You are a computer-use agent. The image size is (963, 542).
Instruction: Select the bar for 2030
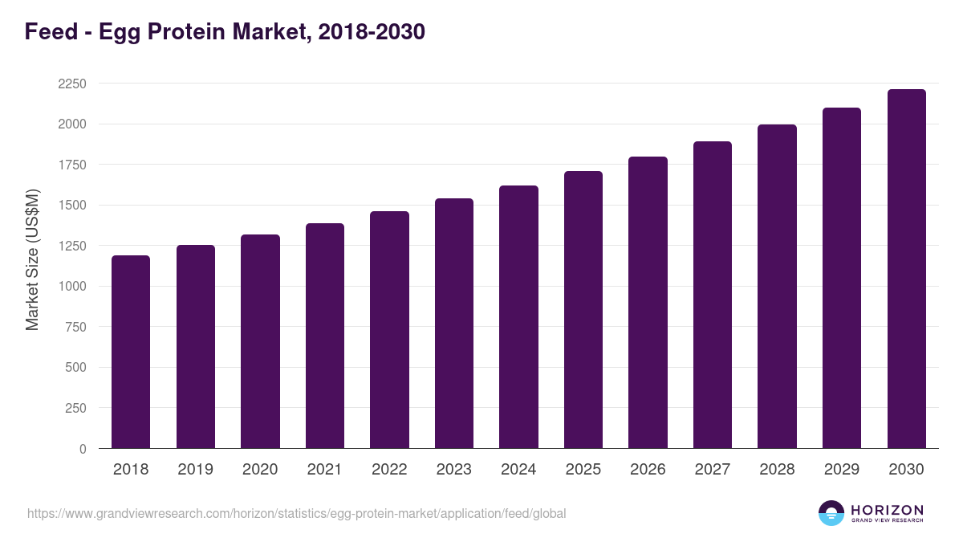click(906, 269)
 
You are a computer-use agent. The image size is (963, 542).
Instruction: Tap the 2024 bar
click(518, 317)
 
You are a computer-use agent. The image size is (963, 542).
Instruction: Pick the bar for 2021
click(325, 336)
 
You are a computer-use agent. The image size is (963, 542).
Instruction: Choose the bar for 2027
click(713, 295)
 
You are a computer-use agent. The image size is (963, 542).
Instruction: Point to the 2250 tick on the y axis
click(71, 84)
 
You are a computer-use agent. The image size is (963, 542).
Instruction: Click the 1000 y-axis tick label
click(71, 287)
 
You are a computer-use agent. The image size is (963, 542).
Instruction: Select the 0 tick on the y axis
click(83, 449)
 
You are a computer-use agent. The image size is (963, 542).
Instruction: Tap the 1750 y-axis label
click(71, 165)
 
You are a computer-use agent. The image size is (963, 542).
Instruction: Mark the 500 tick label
click(75, 368)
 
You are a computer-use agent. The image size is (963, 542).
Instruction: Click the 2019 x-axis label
click(196, 470)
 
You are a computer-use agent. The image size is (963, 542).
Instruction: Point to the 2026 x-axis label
click(648, 470)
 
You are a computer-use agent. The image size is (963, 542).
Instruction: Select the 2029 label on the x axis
click(842, 470)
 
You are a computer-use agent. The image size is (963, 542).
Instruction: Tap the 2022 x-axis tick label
click(389, 470)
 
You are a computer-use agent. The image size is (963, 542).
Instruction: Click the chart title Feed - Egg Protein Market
click(225, 32)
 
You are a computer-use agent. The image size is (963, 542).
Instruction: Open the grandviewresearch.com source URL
click(296, 513)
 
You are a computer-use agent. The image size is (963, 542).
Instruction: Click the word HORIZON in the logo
click(887, 510)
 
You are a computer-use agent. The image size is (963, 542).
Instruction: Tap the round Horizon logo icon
click(831, 513)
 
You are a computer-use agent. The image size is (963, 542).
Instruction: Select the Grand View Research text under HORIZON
click(887, 520)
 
